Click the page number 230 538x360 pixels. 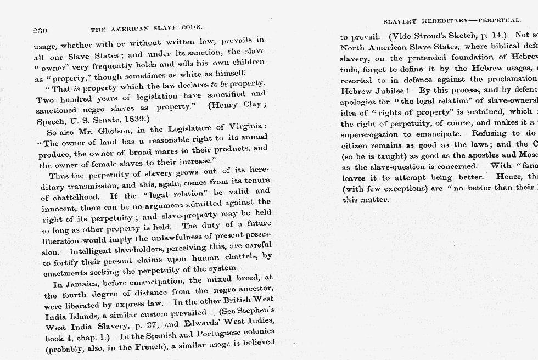[40, 30]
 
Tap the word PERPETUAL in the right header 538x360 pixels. [499, 20]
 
